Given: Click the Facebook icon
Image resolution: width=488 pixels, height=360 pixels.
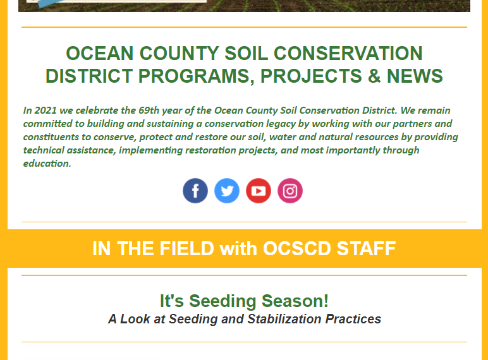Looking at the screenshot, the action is click(x=195, y=191).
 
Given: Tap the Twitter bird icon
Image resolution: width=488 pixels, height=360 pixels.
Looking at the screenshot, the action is click(x=227, y=191).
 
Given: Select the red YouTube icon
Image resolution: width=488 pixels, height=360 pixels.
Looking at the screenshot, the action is click(x=259, y=191).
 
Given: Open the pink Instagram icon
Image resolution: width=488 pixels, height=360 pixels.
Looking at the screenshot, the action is click(x=290, y=191).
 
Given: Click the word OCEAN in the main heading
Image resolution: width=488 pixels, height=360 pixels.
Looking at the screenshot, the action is click(x=100, y=53).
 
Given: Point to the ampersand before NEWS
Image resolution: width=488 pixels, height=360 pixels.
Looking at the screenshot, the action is click(x=374, y=76).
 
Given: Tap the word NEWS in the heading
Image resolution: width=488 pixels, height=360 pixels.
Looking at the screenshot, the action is click(x=415, y=76).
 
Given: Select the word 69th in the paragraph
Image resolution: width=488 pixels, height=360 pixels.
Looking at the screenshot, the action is click(x=149, y=111).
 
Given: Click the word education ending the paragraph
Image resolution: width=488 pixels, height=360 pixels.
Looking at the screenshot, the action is click(x=46, y=164).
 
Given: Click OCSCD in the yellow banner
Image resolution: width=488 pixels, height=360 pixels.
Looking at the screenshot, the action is click(x=296, y=249).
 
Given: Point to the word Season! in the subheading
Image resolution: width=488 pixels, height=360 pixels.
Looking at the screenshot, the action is click(x=295, y=301).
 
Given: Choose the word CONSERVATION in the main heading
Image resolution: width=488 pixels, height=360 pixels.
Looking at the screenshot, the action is click(x=348, y=53).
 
